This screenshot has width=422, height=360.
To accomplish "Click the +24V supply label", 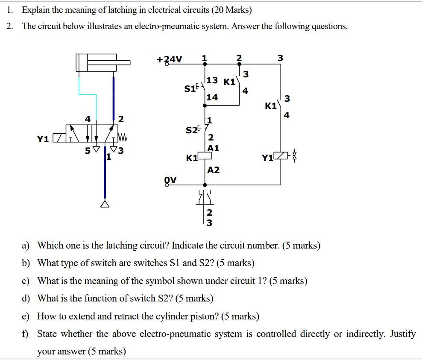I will coord(169,59).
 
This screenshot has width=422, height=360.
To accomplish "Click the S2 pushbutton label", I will coord(192,130).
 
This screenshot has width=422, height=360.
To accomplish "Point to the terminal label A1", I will coord(213,148).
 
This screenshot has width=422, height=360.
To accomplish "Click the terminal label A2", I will coord(213,170).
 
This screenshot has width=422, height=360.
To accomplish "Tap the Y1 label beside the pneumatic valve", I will coord(42,139).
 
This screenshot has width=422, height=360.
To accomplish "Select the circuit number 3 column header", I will coord(280,58).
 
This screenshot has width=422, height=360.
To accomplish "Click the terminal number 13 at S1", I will coord(212,80).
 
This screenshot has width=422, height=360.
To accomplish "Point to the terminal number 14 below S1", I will coord(212,97).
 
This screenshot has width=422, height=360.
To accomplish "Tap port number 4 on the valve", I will coord(88,119).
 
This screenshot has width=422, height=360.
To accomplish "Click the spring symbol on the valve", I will coord(123,138).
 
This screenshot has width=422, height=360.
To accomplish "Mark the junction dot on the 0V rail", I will coord(205,185).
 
